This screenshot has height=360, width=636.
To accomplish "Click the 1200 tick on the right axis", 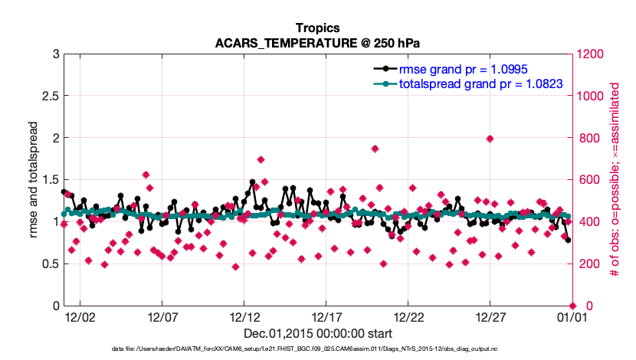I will pos(590,54).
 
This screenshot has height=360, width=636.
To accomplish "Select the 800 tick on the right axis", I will pos(587,138).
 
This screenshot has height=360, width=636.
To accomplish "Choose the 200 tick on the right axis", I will pos(587,264).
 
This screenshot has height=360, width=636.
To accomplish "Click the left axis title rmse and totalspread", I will pos(35,179).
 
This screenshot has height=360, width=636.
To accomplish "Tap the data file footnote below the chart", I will pos(317,349).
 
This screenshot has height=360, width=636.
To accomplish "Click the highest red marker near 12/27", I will pos(490,139).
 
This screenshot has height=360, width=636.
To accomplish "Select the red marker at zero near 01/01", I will pos(572,306).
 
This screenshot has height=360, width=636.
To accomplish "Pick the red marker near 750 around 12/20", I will pos(375,149).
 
